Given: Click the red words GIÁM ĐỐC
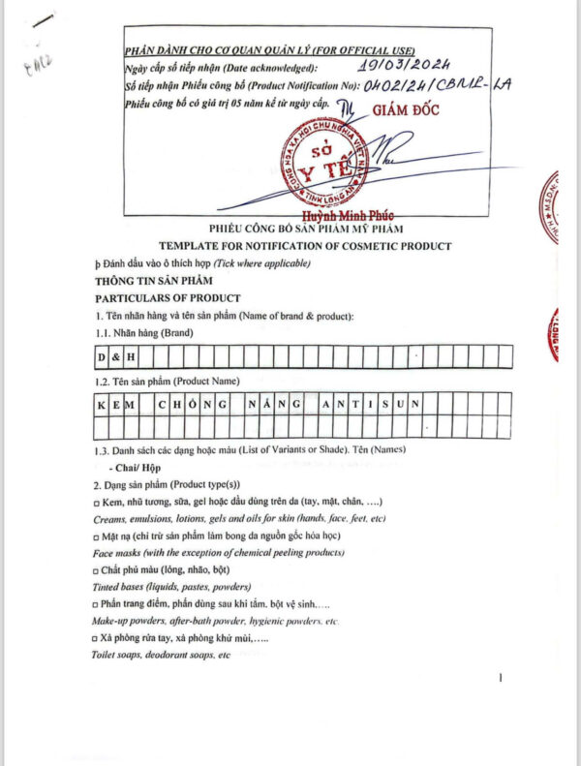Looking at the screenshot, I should point(405,109).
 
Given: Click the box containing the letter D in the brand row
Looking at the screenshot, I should point(102,358).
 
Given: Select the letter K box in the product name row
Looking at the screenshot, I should point(102,403).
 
